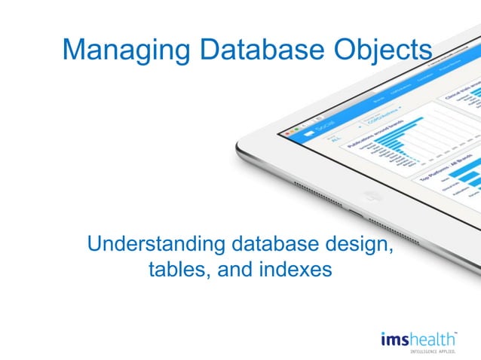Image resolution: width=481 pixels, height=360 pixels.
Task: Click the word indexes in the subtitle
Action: coord(295,269)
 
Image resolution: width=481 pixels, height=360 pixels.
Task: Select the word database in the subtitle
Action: coord(268,244)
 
